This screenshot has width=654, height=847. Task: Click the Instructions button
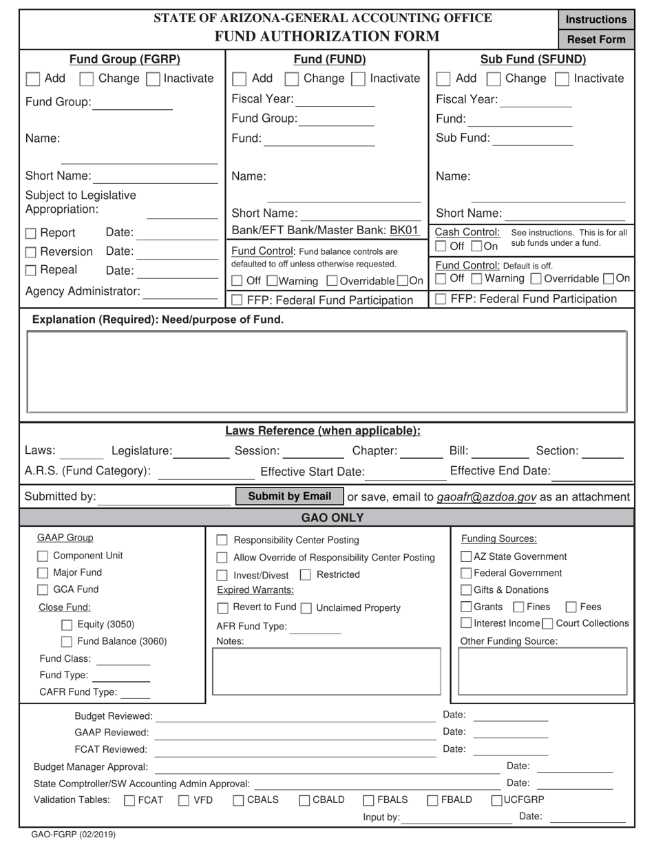pos(596,19)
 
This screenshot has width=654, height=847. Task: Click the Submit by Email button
pos(289,496)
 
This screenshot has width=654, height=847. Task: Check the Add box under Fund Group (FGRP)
pos(33,79)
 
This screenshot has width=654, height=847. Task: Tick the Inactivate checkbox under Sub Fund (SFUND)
pos(563,79)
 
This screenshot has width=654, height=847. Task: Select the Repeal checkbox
pos(31,271)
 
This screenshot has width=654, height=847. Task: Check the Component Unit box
pos(43,556)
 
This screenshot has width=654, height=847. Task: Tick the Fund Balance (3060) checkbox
pos(67,642)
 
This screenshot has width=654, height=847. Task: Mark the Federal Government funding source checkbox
pos(466,574)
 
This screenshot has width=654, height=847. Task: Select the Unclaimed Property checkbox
pos(306,608)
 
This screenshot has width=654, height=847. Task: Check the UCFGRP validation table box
pos(496,800)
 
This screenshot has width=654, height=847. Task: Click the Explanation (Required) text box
pos(327,372)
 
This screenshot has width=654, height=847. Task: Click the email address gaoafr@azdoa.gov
pos(486,497)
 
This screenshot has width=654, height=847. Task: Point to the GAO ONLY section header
pos(327,518)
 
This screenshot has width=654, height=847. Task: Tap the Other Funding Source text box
pos(542,671)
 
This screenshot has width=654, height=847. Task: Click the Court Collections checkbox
pos(547,624)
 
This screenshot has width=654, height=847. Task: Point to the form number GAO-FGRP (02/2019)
pos(69,835)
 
